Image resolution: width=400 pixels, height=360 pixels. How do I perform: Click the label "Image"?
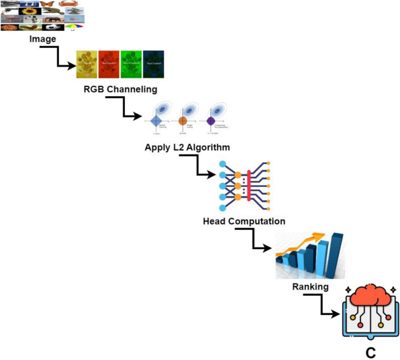(43, 39)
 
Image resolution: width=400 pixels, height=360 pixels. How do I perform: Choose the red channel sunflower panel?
(109, 64)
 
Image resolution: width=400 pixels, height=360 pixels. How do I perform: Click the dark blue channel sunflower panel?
(154, 64)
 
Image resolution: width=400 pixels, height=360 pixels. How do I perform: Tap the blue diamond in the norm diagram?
(156, 121)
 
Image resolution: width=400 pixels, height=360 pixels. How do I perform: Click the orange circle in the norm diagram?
(183, 121)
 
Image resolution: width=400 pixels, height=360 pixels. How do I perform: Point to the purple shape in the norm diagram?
(211, 121)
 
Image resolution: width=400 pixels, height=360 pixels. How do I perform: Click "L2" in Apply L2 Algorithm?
(178, 147)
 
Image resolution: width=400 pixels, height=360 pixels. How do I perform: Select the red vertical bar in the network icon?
(249, 185)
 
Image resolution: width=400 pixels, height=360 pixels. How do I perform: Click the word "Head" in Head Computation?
(215, 221)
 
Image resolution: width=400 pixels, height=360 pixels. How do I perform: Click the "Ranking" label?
(310, 286)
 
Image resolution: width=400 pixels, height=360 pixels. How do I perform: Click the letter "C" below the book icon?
(370, 352)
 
